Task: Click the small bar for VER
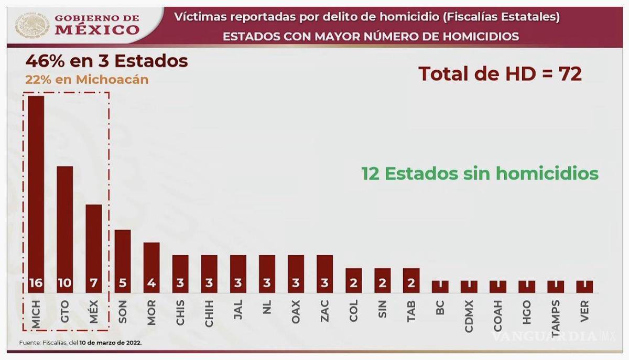[x=584, y=287]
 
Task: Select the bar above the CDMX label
[x=469, y=287]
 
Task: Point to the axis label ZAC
[x=325, y=313]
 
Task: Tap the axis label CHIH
[x=210, y=313]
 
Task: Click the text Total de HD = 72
[x=500, y=74]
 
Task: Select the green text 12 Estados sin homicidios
[x=480, y=173]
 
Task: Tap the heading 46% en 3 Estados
[x=106, y=61]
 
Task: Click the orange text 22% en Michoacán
[x=87, y=80]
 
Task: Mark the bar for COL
[x=354, y=280]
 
